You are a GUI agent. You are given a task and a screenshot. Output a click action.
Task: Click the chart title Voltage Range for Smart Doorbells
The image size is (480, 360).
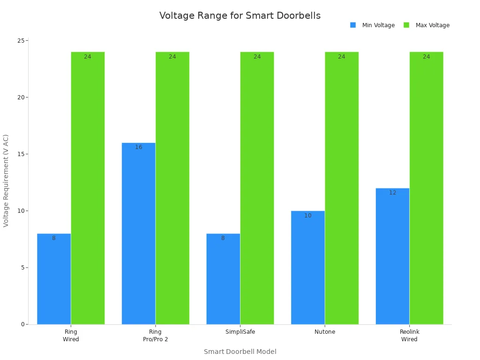(x=240, y=15)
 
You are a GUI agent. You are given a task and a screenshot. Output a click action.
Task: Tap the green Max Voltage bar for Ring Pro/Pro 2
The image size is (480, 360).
(x=172, y=187)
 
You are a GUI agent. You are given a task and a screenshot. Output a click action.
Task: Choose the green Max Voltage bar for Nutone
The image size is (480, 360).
(x=341, y=187)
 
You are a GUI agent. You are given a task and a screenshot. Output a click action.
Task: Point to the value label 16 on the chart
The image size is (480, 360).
(x=138, y=147)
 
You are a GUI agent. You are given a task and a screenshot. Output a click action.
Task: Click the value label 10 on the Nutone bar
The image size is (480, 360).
(x=307, y=216)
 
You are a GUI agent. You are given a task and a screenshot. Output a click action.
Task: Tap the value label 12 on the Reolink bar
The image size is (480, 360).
(x=392, y=193)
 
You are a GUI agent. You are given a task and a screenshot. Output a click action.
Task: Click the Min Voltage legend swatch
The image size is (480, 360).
(x=353, y=25)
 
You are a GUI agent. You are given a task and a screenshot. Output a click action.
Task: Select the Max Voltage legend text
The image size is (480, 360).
(x=432, y=25)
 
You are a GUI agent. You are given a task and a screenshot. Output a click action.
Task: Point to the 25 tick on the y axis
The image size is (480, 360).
(x=21, y=41)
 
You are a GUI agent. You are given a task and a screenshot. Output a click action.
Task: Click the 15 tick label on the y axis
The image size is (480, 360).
(x=21, y=154)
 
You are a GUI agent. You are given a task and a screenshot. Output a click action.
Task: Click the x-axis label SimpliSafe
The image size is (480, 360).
(x=240, y=332)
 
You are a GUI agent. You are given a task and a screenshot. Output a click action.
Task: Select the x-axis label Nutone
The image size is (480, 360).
(x=325, y=332)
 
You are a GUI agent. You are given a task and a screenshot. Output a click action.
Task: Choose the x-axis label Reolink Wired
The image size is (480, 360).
(x=409, y=335)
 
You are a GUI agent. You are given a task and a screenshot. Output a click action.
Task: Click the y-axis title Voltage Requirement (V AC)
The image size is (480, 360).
(x=6, y=180)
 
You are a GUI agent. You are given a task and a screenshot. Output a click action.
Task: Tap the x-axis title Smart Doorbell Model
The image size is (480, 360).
(x=240, y=352)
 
